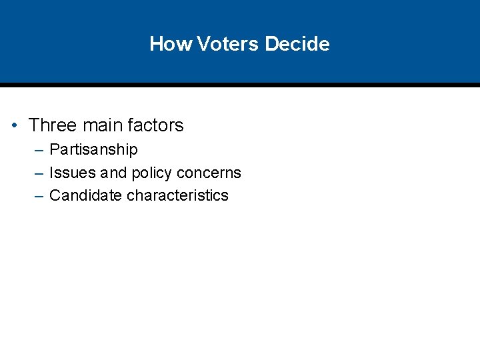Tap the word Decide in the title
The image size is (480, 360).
297,44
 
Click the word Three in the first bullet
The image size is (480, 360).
52,125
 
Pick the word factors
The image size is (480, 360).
156,125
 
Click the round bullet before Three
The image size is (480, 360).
14,125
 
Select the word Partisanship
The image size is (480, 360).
93,150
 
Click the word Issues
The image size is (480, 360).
73,173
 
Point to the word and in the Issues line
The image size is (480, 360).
113,173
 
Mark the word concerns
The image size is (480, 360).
209,173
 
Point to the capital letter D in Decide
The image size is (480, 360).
270,44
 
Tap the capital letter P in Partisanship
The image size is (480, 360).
54,149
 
